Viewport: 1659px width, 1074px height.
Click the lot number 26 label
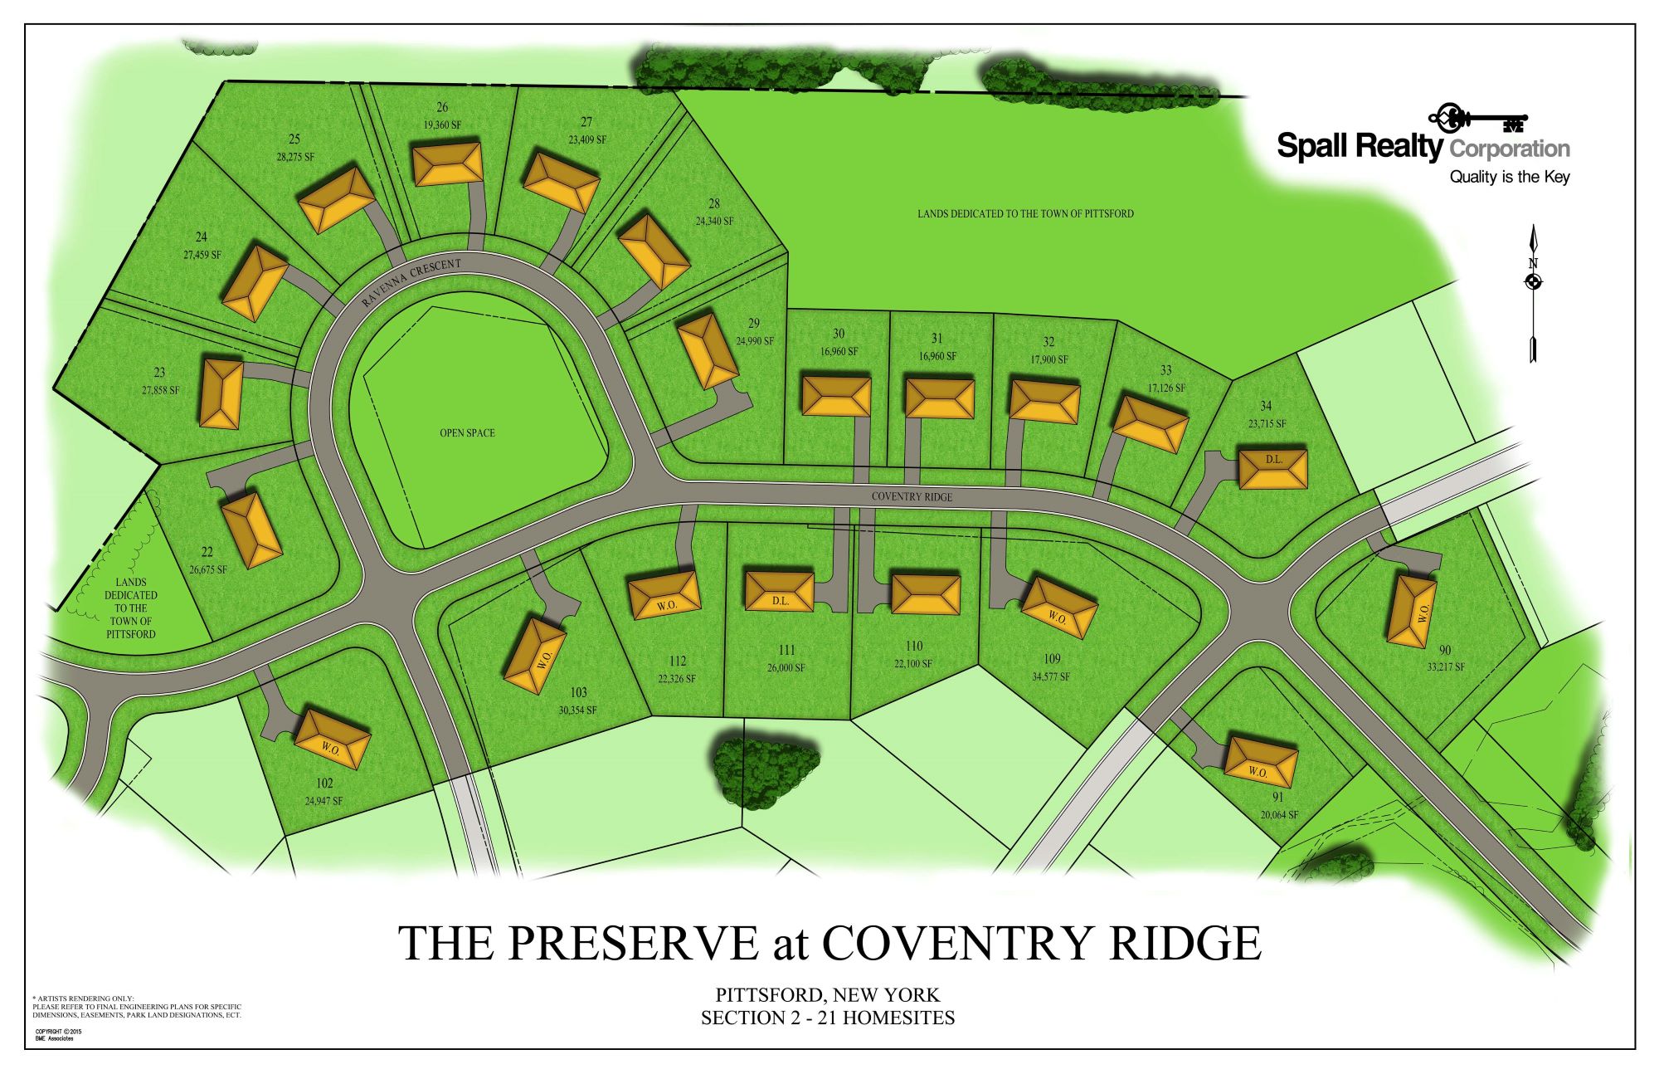(442, 107)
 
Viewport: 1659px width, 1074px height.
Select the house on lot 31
(939, 398)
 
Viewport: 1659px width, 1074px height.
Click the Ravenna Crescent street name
(411, 282)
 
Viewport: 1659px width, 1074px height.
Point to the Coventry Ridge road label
(912, 496)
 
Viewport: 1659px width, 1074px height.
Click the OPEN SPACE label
(467, 432)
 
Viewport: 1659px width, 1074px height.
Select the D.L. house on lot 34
(1272, 469)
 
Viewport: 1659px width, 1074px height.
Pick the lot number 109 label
(1051, 659)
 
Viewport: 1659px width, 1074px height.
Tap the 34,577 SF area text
(1051, 676)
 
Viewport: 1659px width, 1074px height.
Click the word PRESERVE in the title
(633, 943)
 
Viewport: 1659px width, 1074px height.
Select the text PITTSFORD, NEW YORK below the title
(827, 994)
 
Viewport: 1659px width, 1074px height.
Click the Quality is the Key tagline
(1509, 177)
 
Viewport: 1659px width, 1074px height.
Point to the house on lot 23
(221, 393)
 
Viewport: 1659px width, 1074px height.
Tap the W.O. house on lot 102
(332, 739)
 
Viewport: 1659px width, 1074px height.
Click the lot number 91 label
(1277, 797)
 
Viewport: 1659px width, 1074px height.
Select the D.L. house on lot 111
(779, 591)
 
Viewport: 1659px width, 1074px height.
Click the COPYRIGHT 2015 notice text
(58, 1032)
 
